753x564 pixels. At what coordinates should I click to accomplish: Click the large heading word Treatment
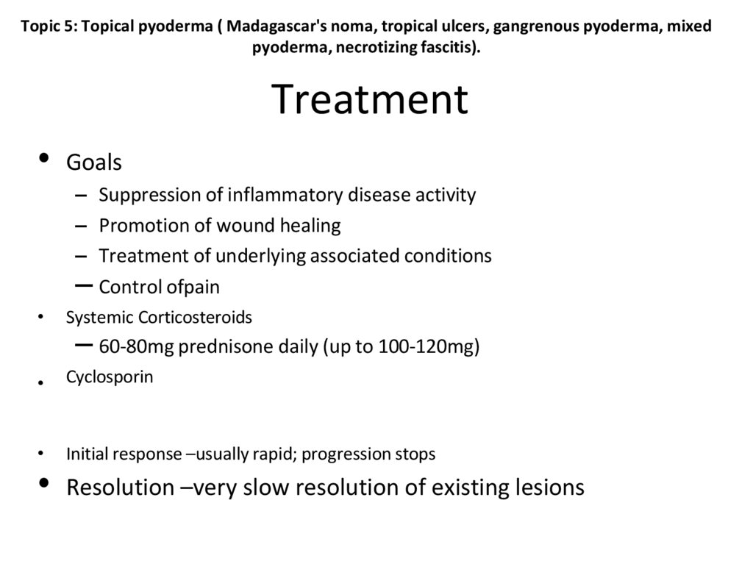click(370, 100)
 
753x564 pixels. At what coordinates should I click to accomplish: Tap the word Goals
click(94, 162)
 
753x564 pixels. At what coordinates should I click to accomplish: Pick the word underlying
click(251, 255)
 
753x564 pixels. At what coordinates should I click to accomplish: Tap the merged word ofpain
click(193, 286)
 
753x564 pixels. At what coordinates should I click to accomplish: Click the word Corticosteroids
click(193, 318)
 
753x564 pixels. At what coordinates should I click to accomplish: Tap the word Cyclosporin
click(110, 377)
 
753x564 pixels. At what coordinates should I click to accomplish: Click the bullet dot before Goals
click(43, 157)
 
